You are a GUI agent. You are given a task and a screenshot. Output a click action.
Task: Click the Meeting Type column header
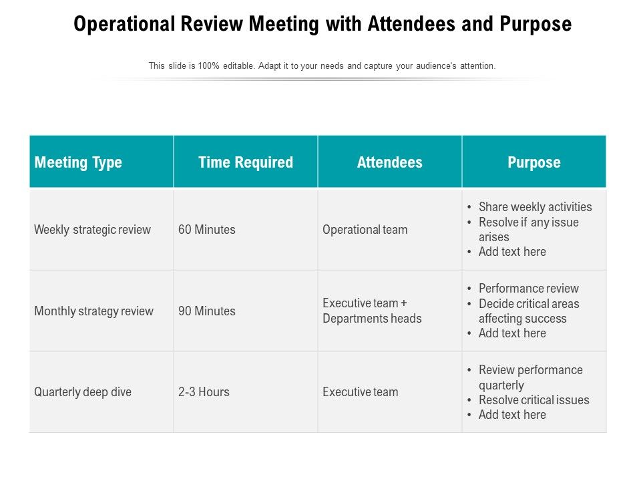pyautogui.click(x=78, y=162)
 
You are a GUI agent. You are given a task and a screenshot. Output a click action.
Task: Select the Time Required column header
pyautogui.click(x=246, y=162)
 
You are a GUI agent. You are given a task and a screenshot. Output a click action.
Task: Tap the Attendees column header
pyautogui.click(x=390, y=162)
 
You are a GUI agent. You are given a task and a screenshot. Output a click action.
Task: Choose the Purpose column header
pyautogui.click(x=534, y=162)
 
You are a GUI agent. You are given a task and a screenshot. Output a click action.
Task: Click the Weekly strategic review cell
pyautogui.click(x=93, y=230)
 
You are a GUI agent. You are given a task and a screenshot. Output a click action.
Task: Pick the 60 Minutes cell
pyautogui.click(x=207, y=230)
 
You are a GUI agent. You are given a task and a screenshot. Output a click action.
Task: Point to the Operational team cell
pyautogui.click(x=365, y=230)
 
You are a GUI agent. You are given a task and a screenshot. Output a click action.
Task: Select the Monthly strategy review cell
pyautogui.click(x=94, y=311)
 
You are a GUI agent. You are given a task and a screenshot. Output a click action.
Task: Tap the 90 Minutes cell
pyautogui.click(x=207, y=311)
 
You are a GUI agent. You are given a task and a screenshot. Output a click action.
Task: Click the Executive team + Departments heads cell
pyautogui.click(x=372, y=311)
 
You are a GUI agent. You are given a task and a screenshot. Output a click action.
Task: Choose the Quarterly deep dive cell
pyautogui.click(x=83, y=392)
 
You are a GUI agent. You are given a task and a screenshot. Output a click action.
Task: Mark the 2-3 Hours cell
pyautogui.click(x=204, y=392)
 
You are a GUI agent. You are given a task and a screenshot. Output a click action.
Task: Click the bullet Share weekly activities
pyautogui.click(x=536, y=207)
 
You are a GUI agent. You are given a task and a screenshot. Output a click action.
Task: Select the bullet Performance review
pyautogui.click(x=529, y=289)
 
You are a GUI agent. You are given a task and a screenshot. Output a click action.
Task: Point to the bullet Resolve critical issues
pyautogui.click(x=534, y=400)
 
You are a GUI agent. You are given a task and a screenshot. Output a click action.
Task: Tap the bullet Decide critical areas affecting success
pyautogui.click(x=529, y=311)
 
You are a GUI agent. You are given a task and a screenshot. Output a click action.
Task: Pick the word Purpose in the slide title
pyautogui.click(x=534, y=25)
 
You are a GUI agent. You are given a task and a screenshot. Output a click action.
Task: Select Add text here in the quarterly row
pyautogui.click(x=512, y=415)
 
